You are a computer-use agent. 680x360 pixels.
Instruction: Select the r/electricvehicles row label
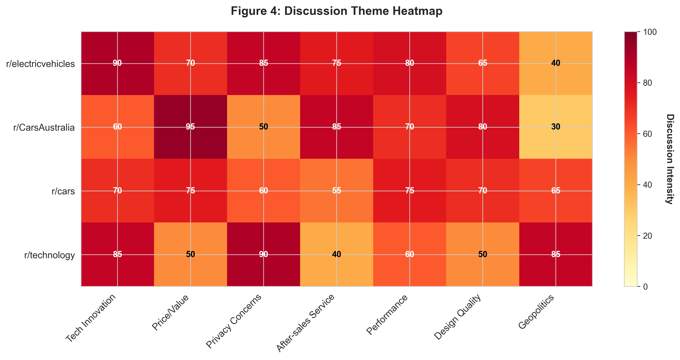[40, 64]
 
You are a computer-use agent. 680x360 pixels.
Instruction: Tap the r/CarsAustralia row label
[44, 127]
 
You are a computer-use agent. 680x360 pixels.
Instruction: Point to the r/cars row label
[63, 191]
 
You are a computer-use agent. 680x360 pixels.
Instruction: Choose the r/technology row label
[49, 255]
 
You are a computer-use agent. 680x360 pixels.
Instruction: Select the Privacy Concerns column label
[234, 321]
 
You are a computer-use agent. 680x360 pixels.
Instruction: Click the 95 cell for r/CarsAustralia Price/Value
[190, 127]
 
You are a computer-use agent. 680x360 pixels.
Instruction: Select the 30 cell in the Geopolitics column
[556, 127]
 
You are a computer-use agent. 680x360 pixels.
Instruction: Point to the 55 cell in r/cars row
[337, 190]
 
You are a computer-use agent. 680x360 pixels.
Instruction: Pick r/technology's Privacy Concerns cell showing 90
[263, 254]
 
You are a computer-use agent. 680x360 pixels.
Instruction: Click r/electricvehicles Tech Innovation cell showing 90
[117, 63]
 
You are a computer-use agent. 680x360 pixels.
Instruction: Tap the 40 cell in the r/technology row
[337, 254]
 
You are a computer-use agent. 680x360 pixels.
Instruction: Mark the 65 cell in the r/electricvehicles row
[483, 63]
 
